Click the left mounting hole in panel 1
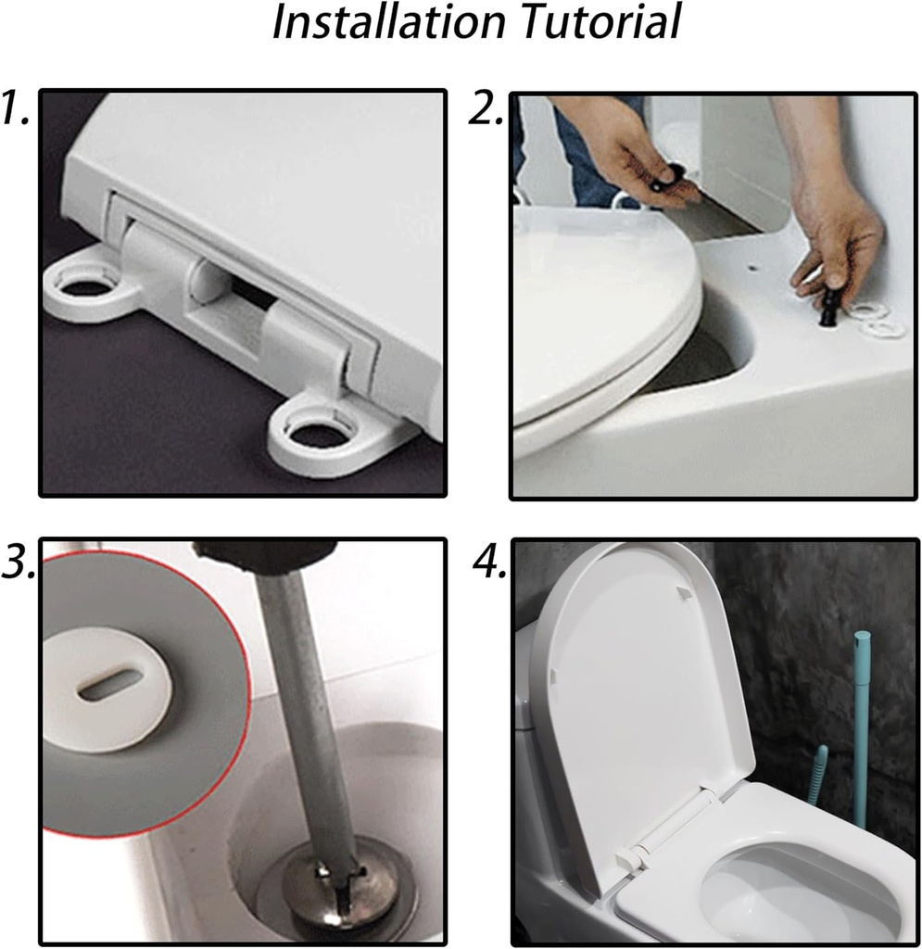point(89,284)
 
